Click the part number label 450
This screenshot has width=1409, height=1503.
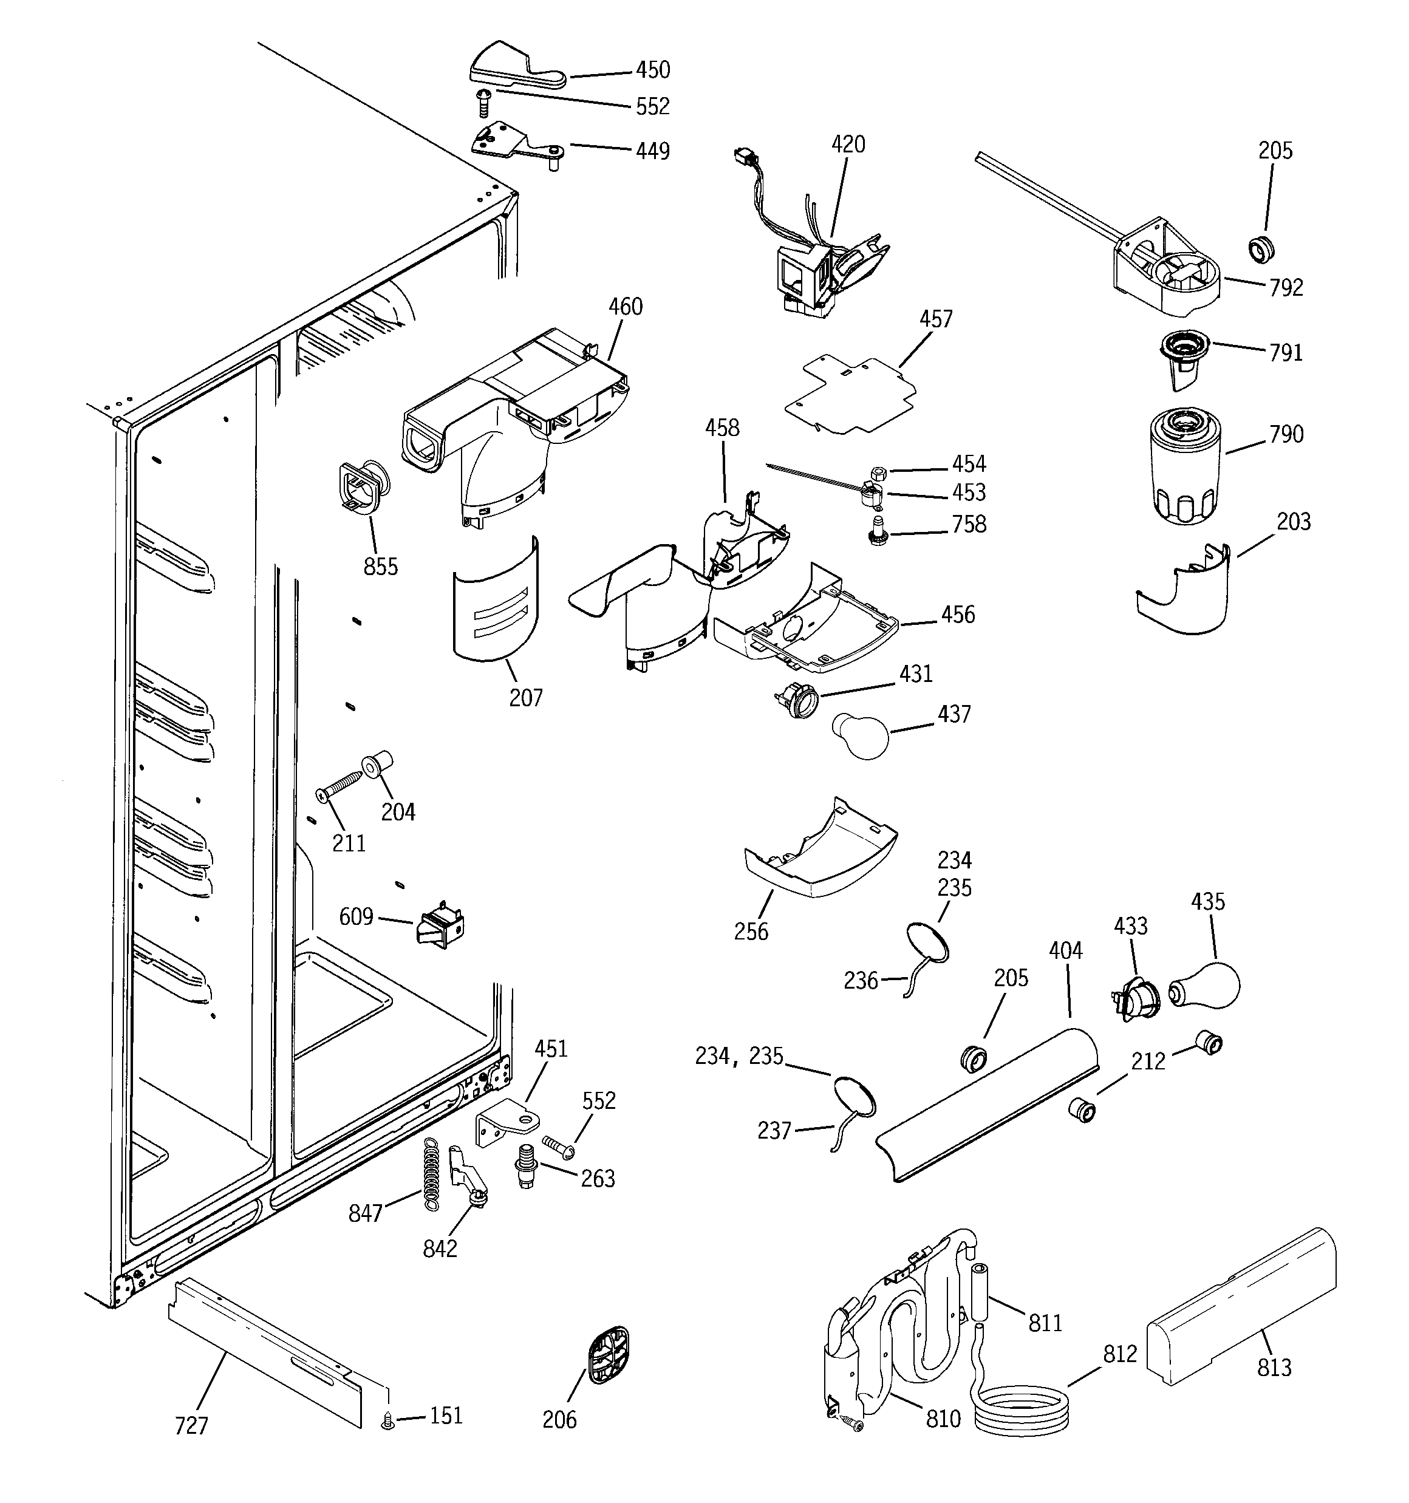[x=652, y=70]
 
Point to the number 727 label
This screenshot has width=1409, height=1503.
[x=191, y=1425]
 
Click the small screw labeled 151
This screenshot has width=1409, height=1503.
[x=389, y=1422]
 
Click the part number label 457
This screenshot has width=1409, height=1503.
[x=935, y=319]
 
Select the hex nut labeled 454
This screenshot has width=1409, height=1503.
[x=879, y=473]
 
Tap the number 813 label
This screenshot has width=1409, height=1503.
[x=1274, y=1367]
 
